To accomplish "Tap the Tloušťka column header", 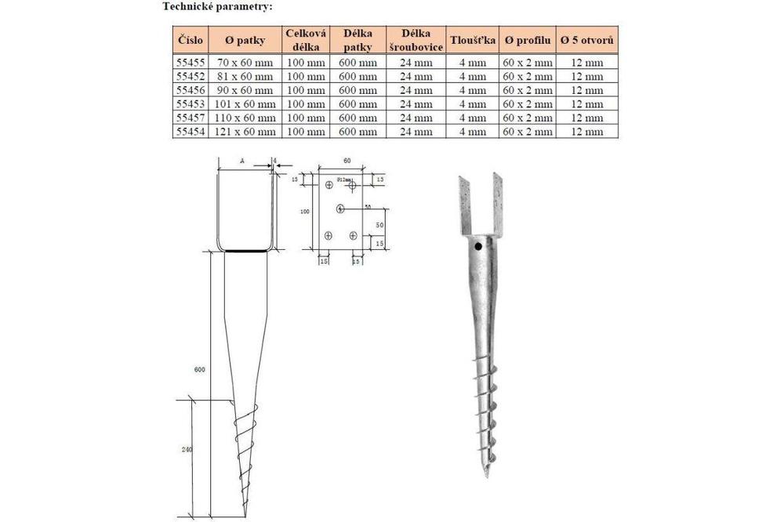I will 472,39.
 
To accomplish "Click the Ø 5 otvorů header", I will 587,39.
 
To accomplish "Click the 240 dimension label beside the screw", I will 187,450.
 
